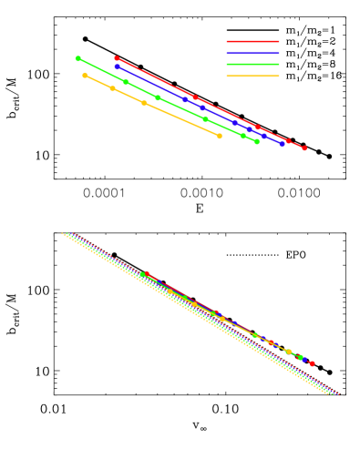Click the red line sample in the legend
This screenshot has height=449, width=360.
coord(252,41)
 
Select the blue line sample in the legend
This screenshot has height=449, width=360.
coord(252,53)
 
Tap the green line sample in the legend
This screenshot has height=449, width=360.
coord(252,65)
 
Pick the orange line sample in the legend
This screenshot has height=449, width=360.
coord(252,76)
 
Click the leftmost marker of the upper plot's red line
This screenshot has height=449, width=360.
coord(117,58)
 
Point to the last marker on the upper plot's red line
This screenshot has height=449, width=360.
coord(304,148)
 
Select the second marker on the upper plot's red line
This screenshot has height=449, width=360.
coord(194,97)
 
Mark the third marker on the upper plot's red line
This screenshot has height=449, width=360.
coord(257,128)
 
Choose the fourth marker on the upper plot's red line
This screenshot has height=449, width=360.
coord(288,141)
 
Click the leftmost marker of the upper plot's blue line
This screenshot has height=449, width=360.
coord(118,66)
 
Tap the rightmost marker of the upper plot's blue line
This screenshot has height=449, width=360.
coord(283,144)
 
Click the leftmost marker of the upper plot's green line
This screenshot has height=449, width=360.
coord(78,58)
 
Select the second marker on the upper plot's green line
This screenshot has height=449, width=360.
coord(126,82)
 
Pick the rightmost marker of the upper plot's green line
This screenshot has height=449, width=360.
coord(257,141)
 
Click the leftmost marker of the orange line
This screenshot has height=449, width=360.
coord(85,76)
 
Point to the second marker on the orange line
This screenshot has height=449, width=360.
coord(112,88)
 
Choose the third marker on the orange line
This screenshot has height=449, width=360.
coord(144,103)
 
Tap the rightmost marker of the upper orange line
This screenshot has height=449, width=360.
coord(220,136)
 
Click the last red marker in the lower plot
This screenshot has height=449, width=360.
coord(312,363)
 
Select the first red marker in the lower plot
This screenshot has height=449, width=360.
coord(146,273)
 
